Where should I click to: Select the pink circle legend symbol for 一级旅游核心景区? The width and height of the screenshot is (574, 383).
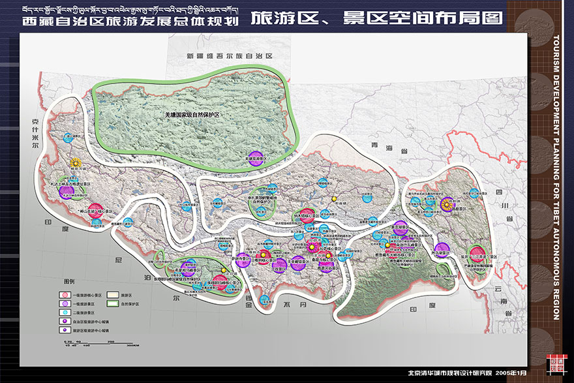[x=65, y=296]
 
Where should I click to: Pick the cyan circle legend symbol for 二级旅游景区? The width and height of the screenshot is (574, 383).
[x=65, y=313]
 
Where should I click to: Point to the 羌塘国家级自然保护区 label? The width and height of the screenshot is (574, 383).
[x=192, y=114]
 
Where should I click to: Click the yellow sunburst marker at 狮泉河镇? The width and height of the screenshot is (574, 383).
[x=76, y=162]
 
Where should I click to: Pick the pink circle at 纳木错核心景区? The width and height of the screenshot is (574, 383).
[x=306, y=216]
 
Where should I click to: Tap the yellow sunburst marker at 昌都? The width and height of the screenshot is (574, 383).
[x=446, y=204]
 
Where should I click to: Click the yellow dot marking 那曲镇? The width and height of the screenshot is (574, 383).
[x=333, y=198]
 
